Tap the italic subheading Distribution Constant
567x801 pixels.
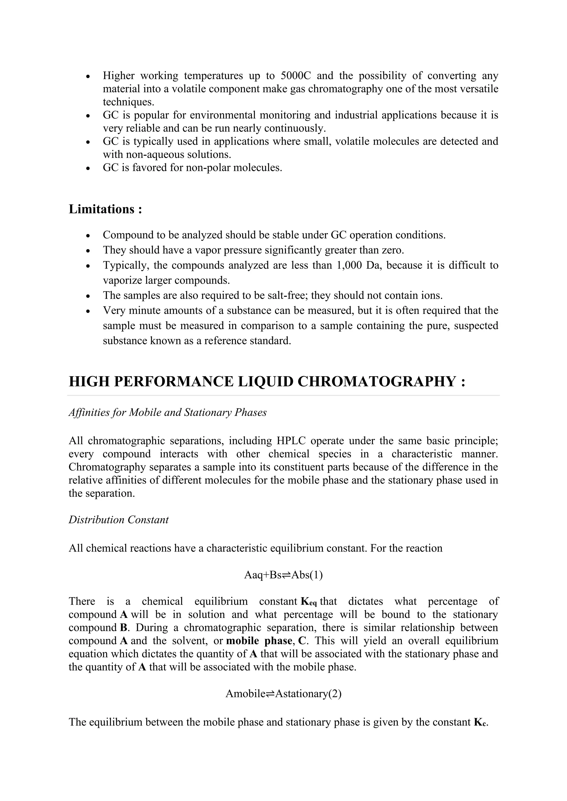pyautogui.click(x=118, y=519)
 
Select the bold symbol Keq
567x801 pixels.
pyautogui.click(x=309, y=602)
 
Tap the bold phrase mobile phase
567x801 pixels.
pyautogui.click(x=259, y=641)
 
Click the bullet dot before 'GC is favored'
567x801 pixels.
pyautogui.click(x=88, y=168)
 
